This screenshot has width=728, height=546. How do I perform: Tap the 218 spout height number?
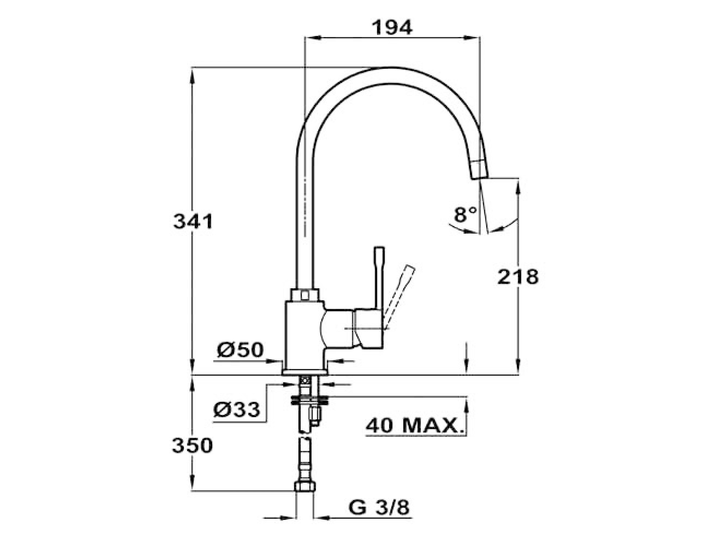coord(518,277)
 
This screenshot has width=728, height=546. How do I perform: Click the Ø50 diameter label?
coord(240,350)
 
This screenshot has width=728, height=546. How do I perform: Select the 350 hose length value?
coord(192,446)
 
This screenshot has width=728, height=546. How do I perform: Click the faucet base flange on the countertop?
coord(305,371)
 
